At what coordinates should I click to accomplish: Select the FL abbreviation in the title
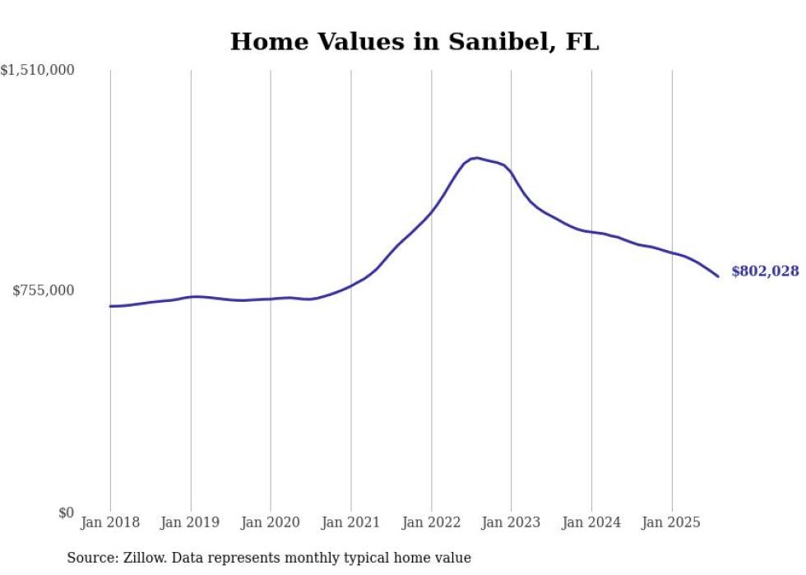click(x=581, y=42)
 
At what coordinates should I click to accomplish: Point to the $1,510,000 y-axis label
click(x=38, y=71)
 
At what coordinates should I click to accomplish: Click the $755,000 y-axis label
click(x=43, y=290)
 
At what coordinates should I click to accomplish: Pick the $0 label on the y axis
click(x=66, y=512)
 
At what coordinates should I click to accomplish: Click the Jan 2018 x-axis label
click(x=110, y=522)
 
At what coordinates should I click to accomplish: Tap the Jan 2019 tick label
click(x=191, y=522)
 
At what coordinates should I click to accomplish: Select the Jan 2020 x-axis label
click(x=271, y=522)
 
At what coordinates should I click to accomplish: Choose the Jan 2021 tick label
click(x=351, y=522)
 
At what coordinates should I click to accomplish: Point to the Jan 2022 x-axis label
click(x=431, y=522)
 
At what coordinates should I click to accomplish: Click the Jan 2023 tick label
click(x=512, y=522)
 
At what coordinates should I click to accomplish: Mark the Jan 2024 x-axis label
click(x=591, y=522)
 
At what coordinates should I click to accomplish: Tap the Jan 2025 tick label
click(x=672, y=522)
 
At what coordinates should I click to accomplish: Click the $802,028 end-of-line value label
click(x=764, y=271)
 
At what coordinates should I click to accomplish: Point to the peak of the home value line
click(x=477, y=158)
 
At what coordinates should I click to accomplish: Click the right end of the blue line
click(x=718, y=276)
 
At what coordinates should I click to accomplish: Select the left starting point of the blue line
click(x=110, y=306)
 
